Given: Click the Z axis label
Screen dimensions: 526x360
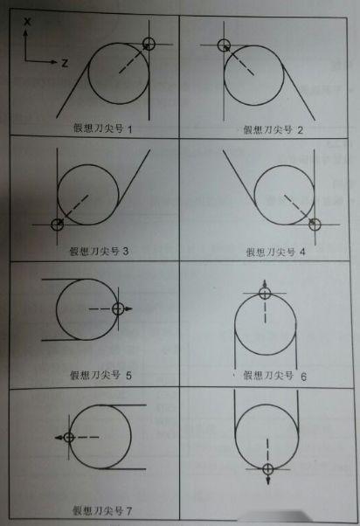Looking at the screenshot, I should tap(65, 64).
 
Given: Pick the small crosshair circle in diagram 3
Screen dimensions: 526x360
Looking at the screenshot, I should tap(58, 225).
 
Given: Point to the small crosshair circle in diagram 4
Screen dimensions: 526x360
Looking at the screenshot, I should tap(315, 225).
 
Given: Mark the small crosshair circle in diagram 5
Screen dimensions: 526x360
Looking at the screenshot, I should tap(120, 308).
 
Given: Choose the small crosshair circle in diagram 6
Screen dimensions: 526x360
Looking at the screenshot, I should tap(267, 294).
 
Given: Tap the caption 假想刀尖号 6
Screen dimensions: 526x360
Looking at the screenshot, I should tap(273, 375).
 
